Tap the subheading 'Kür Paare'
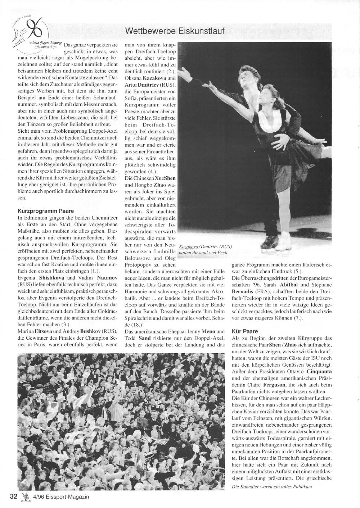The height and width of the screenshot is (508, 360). point(246,331)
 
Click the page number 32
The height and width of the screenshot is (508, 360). point(14,496)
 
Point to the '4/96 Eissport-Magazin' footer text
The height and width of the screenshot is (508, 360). point(61,497)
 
